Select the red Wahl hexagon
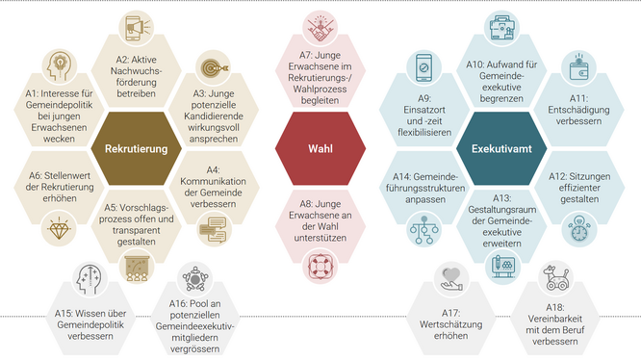[x=319, y=149]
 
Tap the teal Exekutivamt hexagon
[x=497, y=149]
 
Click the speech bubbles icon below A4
[x=212, y=228]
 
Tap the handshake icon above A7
[x=318, y=27]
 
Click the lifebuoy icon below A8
[x=318, y=264]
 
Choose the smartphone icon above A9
[x=424, y=67]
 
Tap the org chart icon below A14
[x=424, y=229]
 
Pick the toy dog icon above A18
[x=555, y=279]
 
